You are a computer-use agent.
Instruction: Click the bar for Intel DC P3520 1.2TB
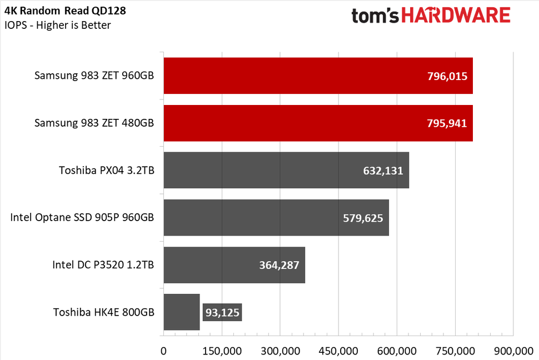[211, 264]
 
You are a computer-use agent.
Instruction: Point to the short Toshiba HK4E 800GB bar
[181, 312]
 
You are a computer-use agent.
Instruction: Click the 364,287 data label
[279, 265]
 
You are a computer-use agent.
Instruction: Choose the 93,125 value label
[221, 312]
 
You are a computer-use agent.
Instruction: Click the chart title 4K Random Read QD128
[65, 11]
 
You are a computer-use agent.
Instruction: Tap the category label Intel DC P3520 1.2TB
[103, 265]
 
